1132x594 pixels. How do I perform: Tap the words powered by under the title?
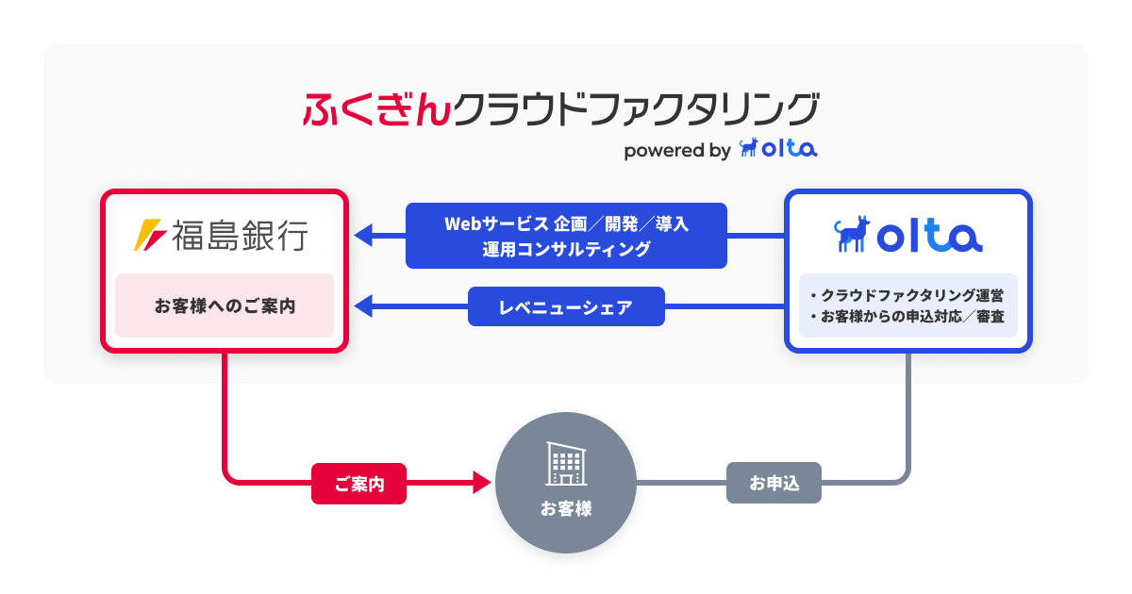(x=677, y=150)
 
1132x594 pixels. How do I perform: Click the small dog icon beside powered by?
(x=749, y=148)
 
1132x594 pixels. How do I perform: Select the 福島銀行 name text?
(x=240, y=236)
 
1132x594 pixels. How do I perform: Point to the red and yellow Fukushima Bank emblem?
(x=150, y=236)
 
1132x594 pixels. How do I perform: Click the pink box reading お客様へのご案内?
(x=225, y=305)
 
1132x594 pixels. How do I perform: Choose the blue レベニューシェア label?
(x=566, y=306)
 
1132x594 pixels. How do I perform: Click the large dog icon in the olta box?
(x=853, y=236)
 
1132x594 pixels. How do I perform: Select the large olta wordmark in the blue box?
(x=929, y=237)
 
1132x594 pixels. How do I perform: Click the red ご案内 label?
(x=359, y=485)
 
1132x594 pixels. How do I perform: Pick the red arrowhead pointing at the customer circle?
(x=482, y=485)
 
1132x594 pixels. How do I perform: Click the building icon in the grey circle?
(x=566, y=463)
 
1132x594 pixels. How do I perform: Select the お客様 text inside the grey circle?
(x=566, y=509)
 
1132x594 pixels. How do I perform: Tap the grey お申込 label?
(x=774, y=485)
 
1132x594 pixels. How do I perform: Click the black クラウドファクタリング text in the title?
(x=634, y=109)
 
